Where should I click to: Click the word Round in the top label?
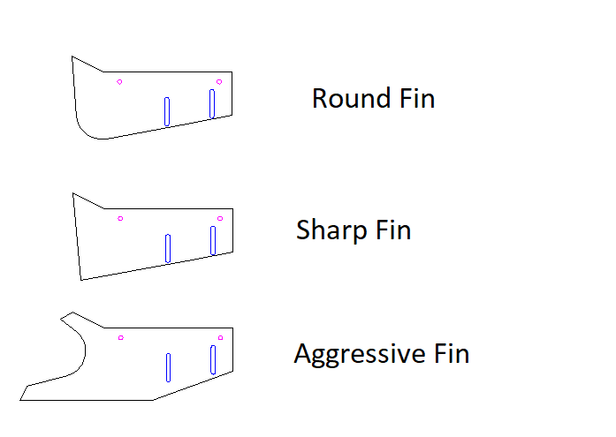tap(351, 98)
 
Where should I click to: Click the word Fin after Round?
tap(417, 98)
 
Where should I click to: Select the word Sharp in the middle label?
tap(331, 230)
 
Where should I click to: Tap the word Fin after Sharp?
tap(393, 230)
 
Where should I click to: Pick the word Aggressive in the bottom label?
tap(360, 354)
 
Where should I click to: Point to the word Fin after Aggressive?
tap(452, 353)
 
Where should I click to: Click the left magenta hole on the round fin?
tap(119, 82)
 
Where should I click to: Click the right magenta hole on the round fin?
tap(219, 82)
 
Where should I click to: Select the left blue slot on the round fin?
tap(167, 112)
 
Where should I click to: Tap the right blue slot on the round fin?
tap(212, 103)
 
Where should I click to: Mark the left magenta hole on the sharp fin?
tap(120, 219)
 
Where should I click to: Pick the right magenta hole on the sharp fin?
tap(220, 219)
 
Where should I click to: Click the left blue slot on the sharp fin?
tap(168, 248)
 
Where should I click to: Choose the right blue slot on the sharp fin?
tap(213, 240)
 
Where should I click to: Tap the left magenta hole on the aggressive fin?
tap(120, 338)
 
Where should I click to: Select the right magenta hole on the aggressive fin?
tap(220, 338)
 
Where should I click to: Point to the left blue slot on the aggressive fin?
tap(168, 367)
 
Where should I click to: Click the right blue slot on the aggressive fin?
tap(213, 359)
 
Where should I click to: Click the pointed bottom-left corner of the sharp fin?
tap(81, 280)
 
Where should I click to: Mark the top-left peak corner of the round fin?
tap(72, 57)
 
